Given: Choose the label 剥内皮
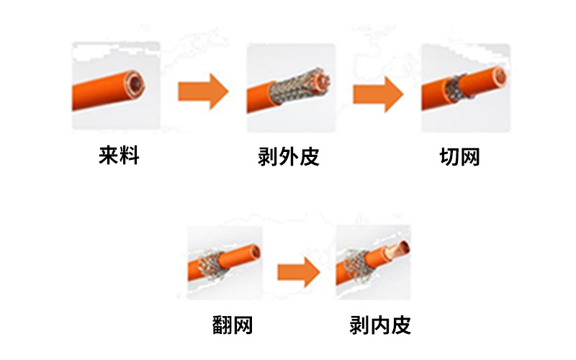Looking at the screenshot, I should coord(379,325).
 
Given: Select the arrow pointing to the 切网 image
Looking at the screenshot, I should coord(378,92).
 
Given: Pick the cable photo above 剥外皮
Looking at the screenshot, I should coord(290,88).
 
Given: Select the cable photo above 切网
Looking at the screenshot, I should coord(465,88).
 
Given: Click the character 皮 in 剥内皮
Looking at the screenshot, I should coord(400,325).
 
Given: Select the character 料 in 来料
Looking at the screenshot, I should coord(129,156).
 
